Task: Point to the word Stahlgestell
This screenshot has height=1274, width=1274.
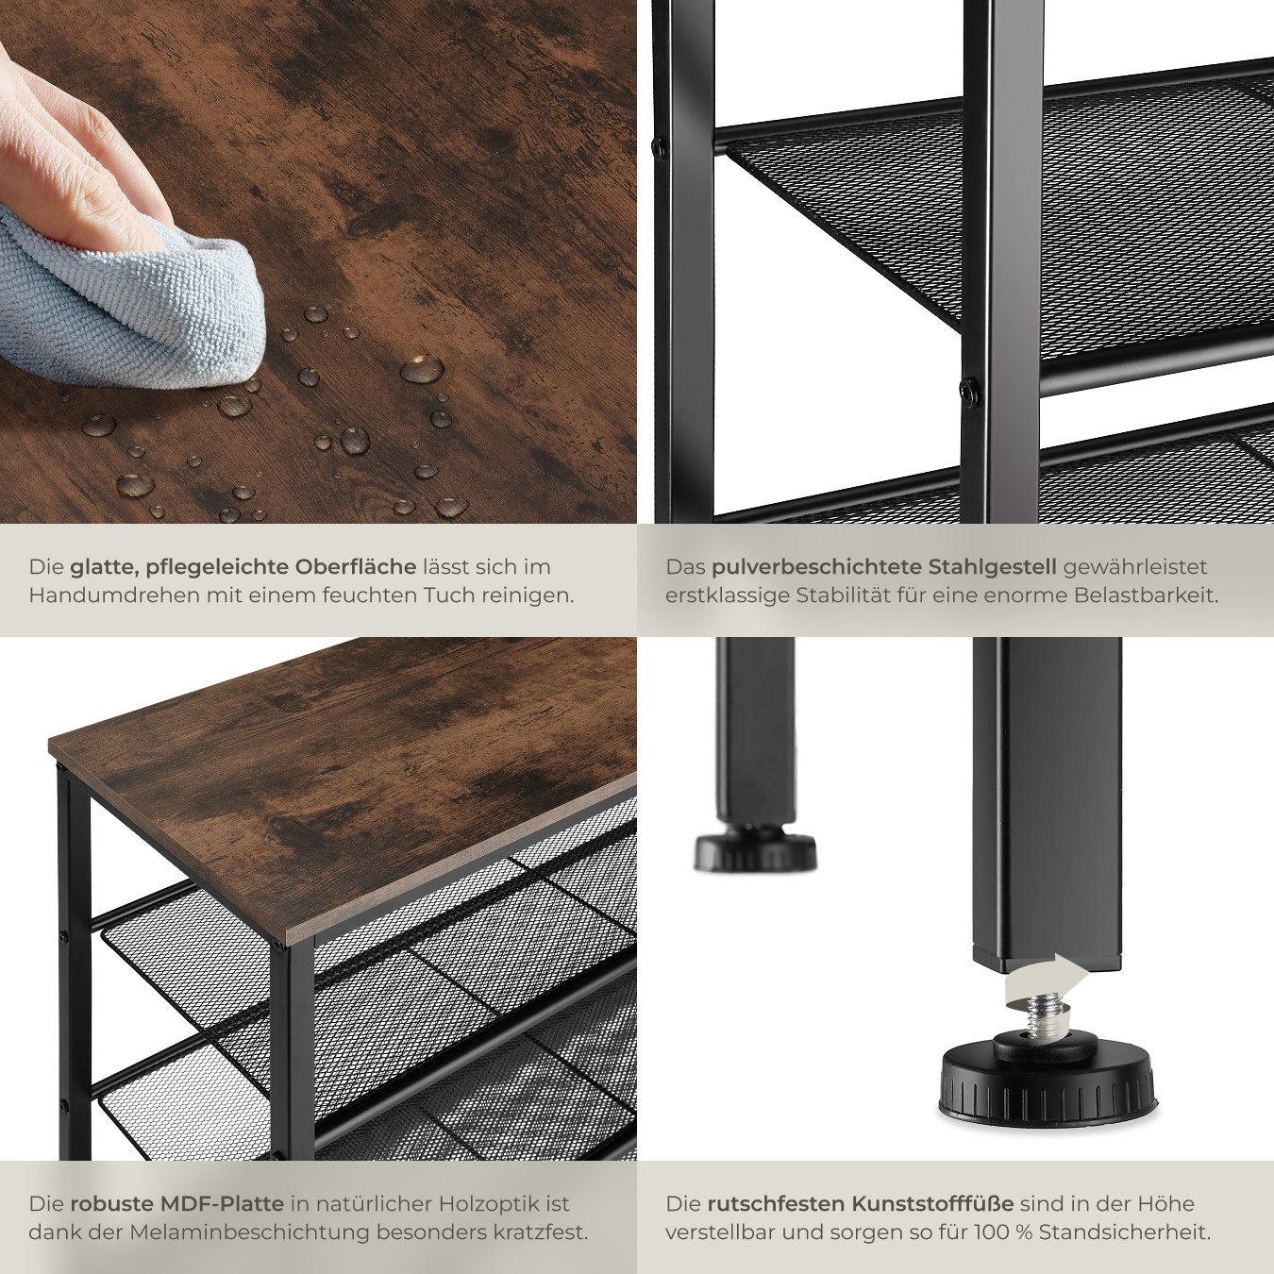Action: tap(981, 566)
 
